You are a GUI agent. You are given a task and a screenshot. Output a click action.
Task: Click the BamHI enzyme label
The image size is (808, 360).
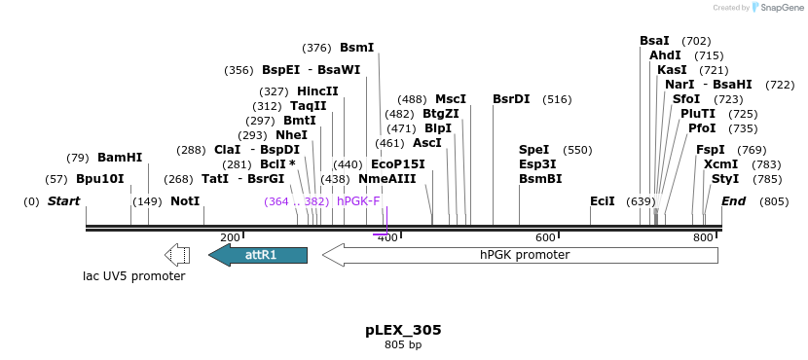[120, 157]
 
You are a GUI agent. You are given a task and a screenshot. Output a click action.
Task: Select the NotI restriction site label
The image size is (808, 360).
[185, 201]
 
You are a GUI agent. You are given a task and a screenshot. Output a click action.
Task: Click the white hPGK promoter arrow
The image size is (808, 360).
[521, 255]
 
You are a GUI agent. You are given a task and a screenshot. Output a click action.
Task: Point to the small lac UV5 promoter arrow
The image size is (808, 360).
[177, 255]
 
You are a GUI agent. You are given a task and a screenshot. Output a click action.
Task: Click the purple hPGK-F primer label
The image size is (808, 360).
[358, 201]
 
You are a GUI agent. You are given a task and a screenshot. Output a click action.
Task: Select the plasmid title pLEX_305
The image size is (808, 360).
[403, 330]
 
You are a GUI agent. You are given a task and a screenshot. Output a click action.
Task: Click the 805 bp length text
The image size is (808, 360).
[403, 345]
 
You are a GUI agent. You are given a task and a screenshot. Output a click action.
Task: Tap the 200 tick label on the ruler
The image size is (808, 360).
[230, 237]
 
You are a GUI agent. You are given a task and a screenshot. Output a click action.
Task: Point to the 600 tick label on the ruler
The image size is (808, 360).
[545, 237]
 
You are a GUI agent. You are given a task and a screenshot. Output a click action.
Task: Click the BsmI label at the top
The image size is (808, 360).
[356, 47]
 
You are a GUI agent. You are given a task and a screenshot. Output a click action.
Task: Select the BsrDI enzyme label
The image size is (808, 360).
[511, 99]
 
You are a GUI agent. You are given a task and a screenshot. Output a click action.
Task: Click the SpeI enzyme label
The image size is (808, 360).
[534, 150]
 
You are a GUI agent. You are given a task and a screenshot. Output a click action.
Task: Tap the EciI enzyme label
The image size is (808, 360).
[603, 201]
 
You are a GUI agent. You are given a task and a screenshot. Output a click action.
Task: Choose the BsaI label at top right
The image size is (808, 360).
[654, 41]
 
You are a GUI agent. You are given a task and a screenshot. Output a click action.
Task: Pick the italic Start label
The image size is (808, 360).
[63, 201]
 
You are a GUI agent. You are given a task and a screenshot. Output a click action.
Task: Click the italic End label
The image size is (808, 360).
[733, 201]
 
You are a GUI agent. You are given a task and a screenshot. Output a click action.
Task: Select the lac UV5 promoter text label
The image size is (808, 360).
[133, 276]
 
